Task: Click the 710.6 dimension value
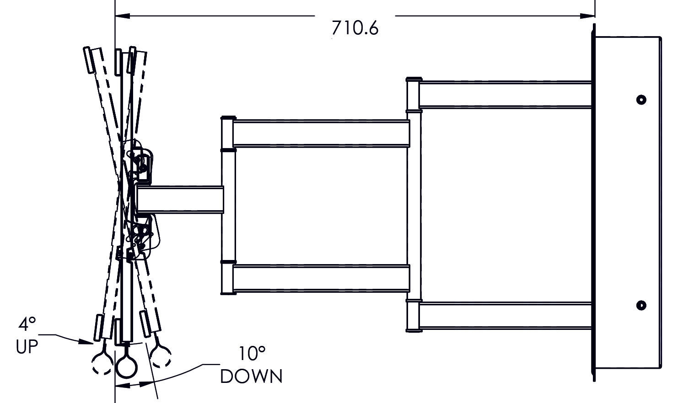point(355,28)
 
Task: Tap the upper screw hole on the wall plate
point(641,100)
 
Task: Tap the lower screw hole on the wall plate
point(641,305)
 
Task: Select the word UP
point(27,346)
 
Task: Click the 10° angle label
point(252,354)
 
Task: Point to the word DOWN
point(251,376)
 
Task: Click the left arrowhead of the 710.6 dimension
point(122,16)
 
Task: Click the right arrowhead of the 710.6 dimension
point(587,16)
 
